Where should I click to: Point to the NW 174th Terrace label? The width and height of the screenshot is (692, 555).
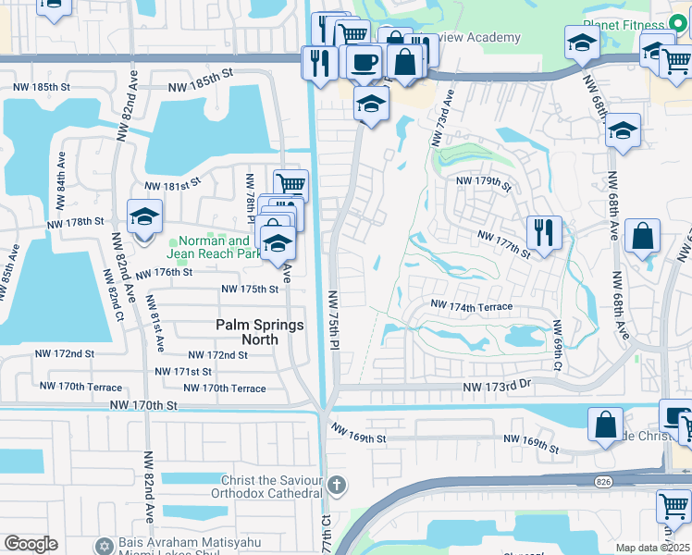tap(471, 305)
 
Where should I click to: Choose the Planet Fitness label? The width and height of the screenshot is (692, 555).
tap(625, 25)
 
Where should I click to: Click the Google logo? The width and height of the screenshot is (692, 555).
tap(30, 544)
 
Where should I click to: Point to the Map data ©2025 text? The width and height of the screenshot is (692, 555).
tap(652, 548)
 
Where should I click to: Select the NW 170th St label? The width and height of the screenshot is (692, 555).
tap(142, 405)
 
